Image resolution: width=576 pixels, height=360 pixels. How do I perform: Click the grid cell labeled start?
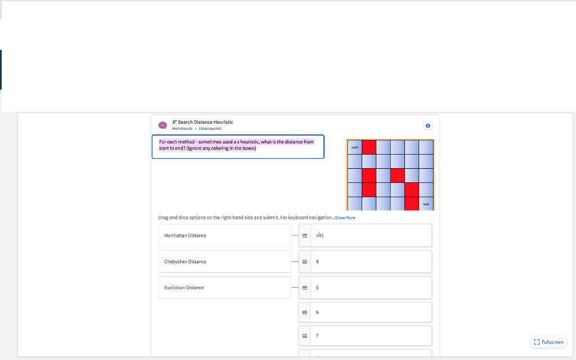pos(354,147)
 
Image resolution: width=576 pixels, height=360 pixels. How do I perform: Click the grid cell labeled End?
pos(426,204)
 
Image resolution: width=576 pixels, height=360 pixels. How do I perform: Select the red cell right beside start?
pos(369,147)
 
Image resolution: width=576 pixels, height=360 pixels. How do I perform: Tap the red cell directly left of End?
pos(412,204)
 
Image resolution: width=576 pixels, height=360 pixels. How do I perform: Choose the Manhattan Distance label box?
pos(225,236)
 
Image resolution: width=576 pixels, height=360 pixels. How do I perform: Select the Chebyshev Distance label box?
pos(225,262)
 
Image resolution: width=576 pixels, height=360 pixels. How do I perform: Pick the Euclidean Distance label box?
pos(225,287)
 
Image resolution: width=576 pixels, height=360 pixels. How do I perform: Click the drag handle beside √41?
pos(304,236)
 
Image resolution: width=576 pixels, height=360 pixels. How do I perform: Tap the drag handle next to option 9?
pos(304,312)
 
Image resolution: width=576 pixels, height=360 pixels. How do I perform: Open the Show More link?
pos(345,218)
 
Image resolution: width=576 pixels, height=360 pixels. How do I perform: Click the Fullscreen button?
pos(548,342)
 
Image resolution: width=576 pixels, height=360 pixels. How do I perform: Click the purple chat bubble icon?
pos(163,125)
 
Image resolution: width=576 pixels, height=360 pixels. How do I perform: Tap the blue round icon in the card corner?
pos(428,125)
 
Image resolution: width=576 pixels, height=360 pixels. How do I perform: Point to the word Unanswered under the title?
pos(210,129)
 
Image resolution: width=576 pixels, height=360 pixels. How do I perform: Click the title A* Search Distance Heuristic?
pos(202,122)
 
